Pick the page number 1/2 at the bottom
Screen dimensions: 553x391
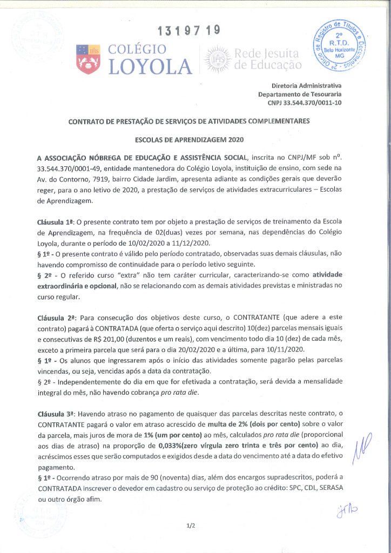point(190,525)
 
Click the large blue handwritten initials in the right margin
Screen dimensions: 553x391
point(361,446)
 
